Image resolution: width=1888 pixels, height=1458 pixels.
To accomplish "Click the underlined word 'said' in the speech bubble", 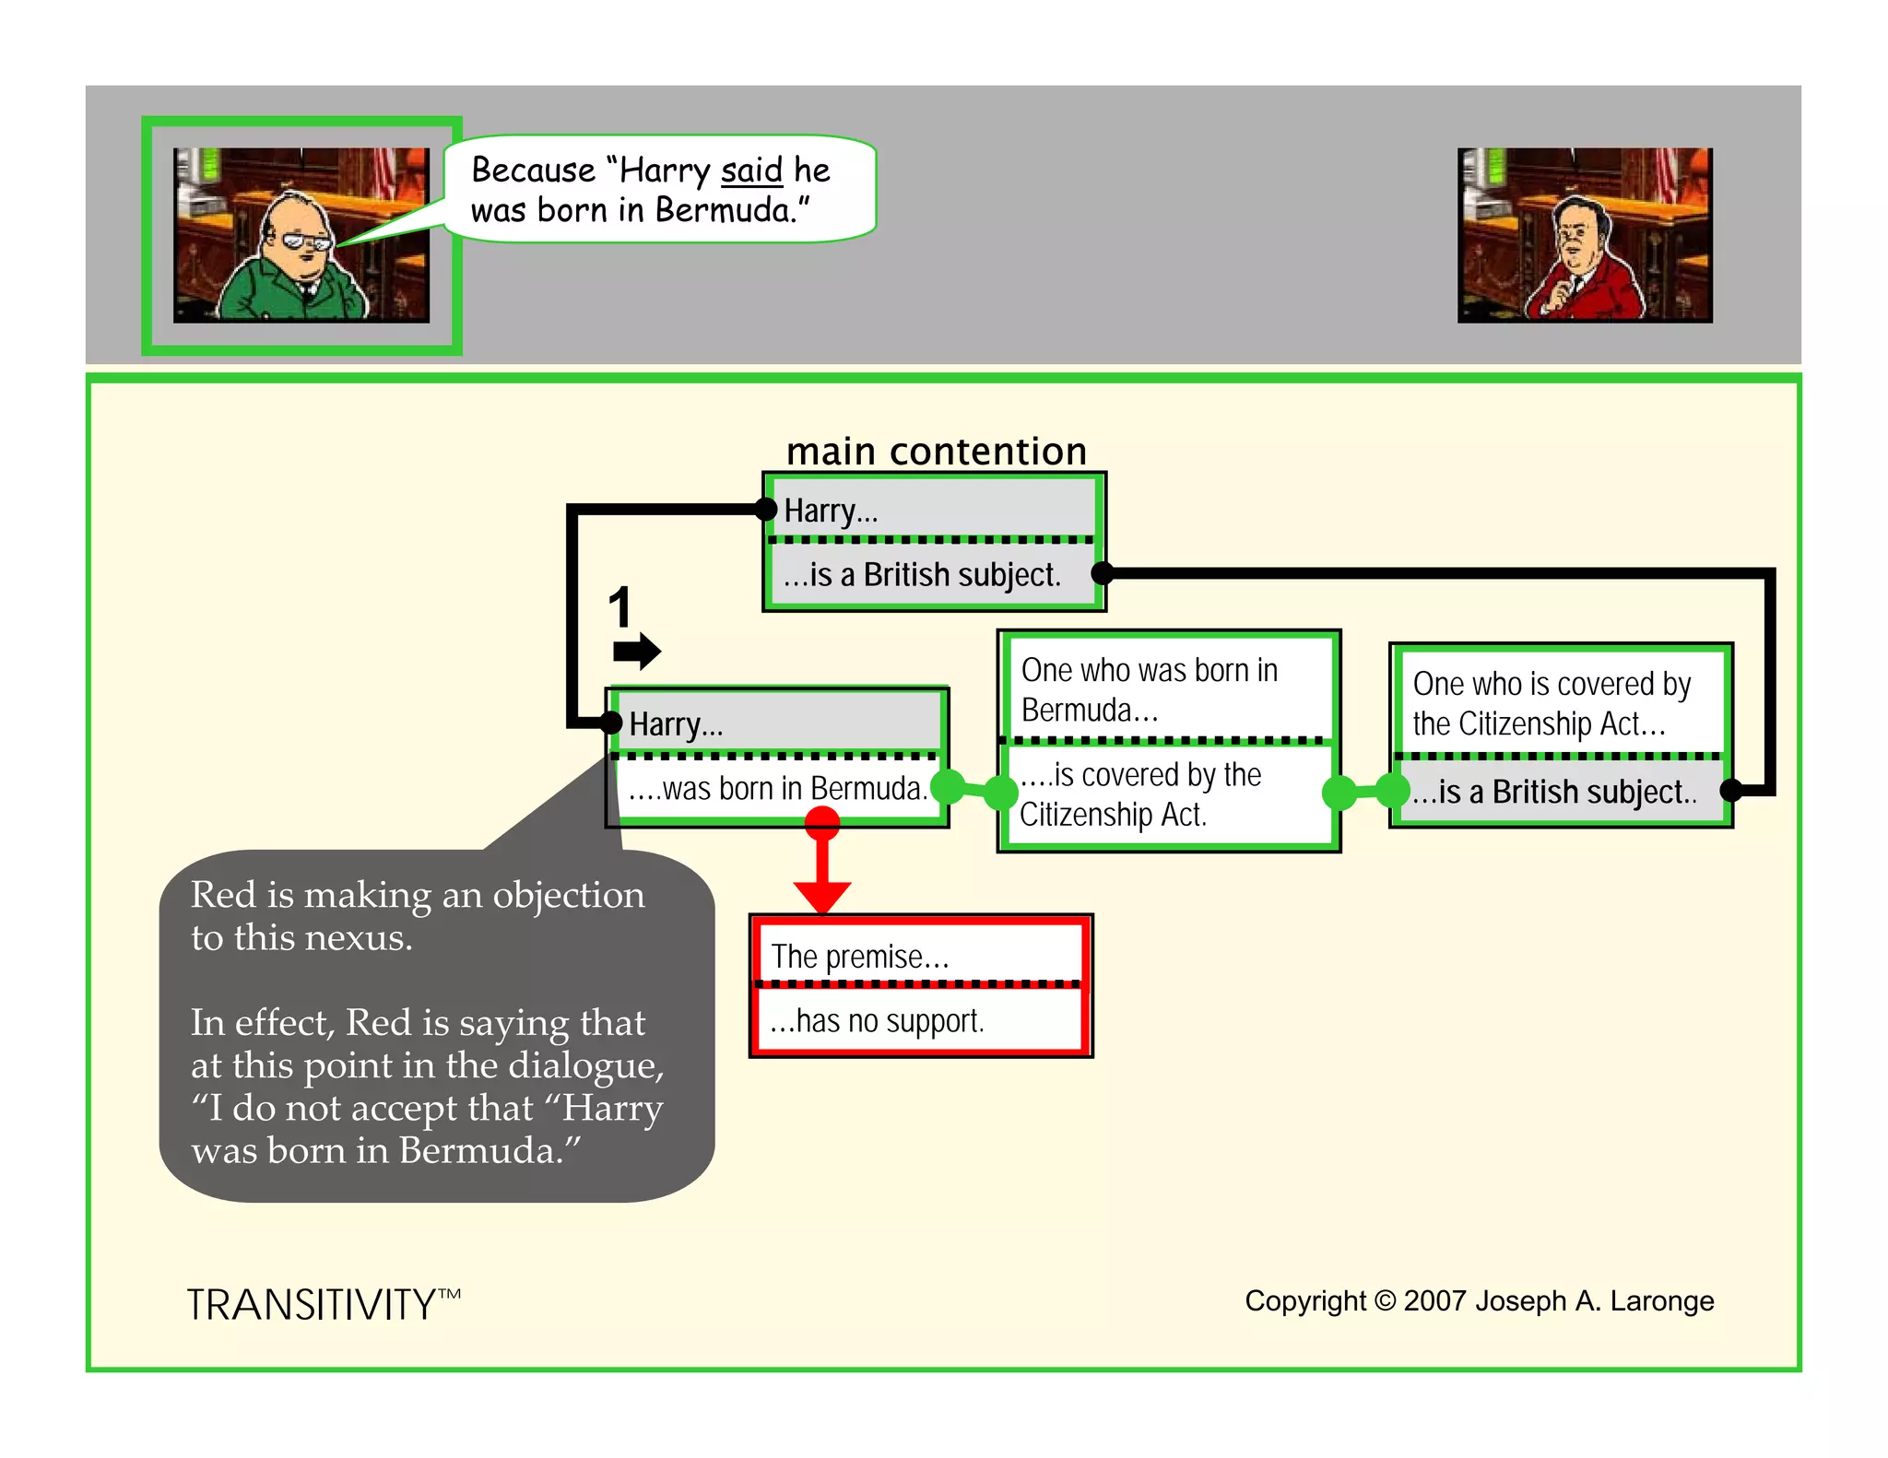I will (x=751, y=170).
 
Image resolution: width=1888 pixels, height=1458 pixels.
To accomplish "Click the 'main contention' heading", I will (x=936, y=452).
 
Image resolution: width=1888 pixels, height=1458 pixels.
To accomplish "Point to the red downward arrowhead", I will (x=821, y=895).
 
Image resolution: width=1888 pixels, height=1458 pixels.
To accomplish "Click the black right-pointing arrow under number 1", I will (x=637, y=652).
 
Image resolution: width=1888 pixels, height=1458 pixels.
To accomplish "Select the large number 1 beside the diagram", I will (x=619, y=607).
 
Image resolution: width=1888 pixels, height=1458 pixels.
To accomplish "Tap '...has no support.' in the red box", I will (x=878, y=1021).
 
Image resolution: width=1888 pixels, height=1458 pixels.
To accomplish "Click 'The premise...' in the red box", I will (x=859, y=957).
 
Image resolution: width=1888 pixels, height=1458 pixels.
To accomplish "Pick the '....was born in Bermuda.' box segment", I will (x=777, y=789).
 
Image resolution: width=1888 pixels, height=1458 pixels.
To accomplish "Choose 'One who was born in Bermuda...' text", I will (x=1149, y=689).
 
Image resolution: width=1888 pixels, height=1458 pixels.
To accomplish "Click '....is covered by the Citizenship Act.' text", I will (x=1139, y=794).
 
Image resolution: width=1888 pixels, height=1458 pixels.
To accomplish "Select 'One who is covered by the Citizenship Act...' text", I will (x=1551, y=703).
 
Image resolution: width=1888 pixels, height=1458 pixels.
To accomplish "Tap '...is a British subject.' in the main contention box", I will (x=922, y=575).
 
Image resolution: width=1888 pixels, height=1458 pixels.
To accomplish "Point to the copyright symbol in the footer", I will (x=1385, y=1300).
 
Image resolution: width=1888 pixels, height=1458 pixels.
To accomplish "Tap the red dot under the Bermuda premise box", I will (x=821, y=821).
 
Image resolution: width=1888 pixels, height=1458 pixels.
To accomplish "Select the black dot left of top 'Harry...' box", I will (x=765, y=509).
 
